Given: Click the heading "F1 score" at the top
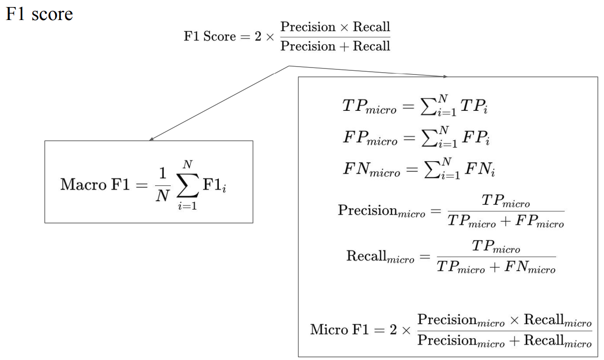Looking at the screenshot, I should pos(39,14).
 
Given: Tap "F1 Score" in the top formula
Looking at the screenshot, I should pos(210,36).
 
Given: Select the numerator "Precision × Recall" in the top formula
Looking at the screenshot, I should pos(335,27).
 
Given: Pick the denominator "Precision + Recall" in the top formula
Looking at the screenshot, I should pos(335,46).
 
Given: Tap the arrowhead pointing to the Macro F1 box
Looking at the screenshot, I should pos(151,139).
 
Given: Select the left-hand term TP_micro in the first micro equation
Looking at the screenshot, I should pos(369,107).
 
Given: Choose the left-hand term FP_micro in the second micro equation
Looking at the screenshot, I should pos(370,138).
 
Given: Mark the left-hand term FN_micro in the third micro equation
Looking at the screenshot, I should pos(371,170).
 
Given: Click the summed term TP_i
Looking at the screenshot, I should pos(474,107).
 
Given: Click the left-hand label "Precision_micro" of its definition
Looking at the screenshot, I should pos(381,211).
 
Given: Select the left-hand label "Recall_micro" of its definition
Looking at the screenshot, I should pos(380,257).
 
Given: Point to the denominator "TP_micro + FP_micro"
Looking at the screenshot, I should pos(505,222).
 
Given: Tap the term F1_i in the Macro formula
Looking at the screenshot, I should pos(214,184).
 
